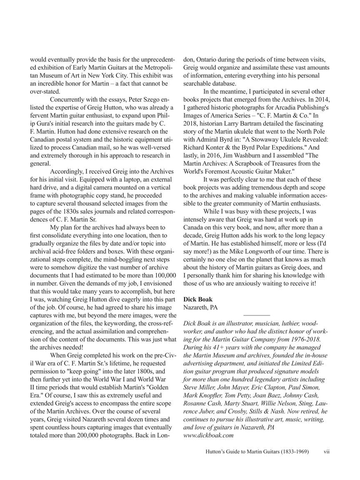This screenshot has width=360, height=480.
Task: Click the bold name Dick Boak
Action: (x=197, y=299)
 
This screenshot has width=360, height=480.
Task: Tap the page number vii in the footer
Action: (x=327, y=451)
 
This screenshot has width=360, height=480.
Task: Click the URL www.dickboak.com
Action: (x=208, y=435)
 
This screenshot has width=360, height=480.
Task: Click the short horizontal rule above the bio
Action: (x=256, y=315)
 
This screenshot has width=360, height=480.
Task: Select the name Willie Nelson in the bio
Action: (x=283, y=403)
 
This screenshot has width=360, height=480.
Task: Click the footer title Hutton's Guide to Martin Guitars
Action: (x=259, y=451)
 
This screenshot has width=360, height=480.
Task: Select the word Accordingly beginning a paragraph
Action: (x=68, y=172)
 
